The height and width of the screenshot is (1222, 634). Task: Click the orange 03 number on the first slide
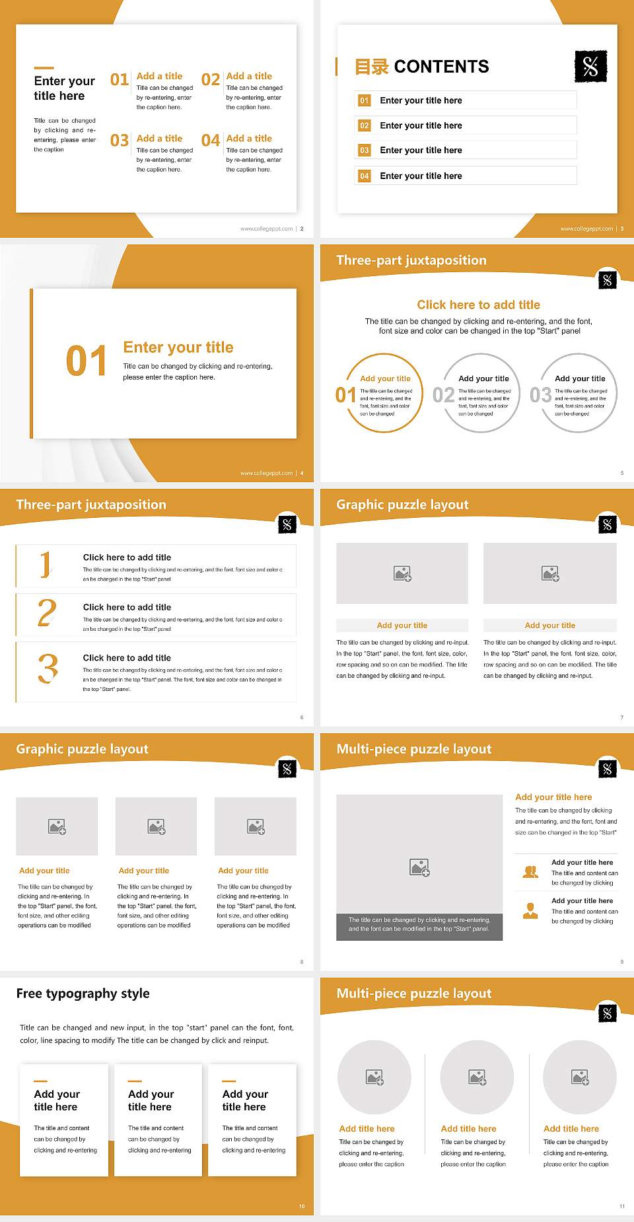pyautogui.click(x=120, y=141)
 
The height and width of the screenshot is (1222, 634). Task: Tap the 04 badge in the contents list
pyautogui.click(x=365, y=176)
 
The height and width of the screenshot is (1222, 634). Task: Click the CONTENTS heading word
pyautogui.click(x=441, y=67)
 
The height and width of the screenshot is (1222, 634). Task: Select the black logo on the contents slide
pyautogui.click(x=590, y=66)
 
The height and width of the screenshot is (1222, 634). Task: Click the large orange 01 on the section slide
pyautogui.click(x=87, y=361)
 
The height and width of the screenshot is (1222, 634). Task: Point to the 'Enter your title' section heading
pyautogui.click(x=178, y=347)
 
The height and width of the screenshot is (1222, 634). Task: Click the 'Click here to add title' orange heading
pyautogui.click(x=478, y=305)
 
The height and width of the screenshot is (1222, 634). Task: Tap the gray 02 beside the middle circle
pyautogui.click(x=443, y=395)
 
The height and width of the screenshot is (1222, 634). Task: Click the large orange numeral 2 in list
pyautogui.click(x=47, y=613)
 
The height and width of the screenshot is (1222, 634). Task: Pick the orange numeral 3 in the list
pyautogui.click(x=48, y=668)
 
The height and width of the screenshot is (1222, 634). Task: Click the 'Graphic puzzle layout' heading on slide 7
pyautogui.click(x=402, y=505)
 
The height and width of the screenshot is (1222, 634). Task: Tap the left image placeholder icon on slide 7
pyautogui.click(x=402, y=573)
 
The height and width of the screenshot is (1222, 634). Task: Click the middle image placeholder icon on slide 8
pyautogui.click(x=157, y=826)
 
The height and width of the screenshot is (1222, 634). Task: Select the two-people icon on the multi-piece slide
pyautogui.click(x=530, y=872)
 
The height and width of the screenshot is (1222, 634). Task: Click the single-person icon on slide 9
pyautogui.click(x=530, y=911)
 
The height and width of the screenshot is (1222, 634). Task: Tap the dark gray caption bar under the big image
pyautogui.click(x=419, y=927)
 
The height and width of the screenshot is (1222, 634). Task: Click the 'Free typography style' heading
pyautogui.click(x=83, y=993)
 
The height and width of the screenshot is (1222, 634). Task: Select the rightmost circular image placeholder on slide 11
pyautogui.click(x=580, y=1077)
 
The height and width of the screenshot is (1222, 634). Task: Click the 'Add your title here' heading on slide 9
pyautogui.click(x=553, y=797)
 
